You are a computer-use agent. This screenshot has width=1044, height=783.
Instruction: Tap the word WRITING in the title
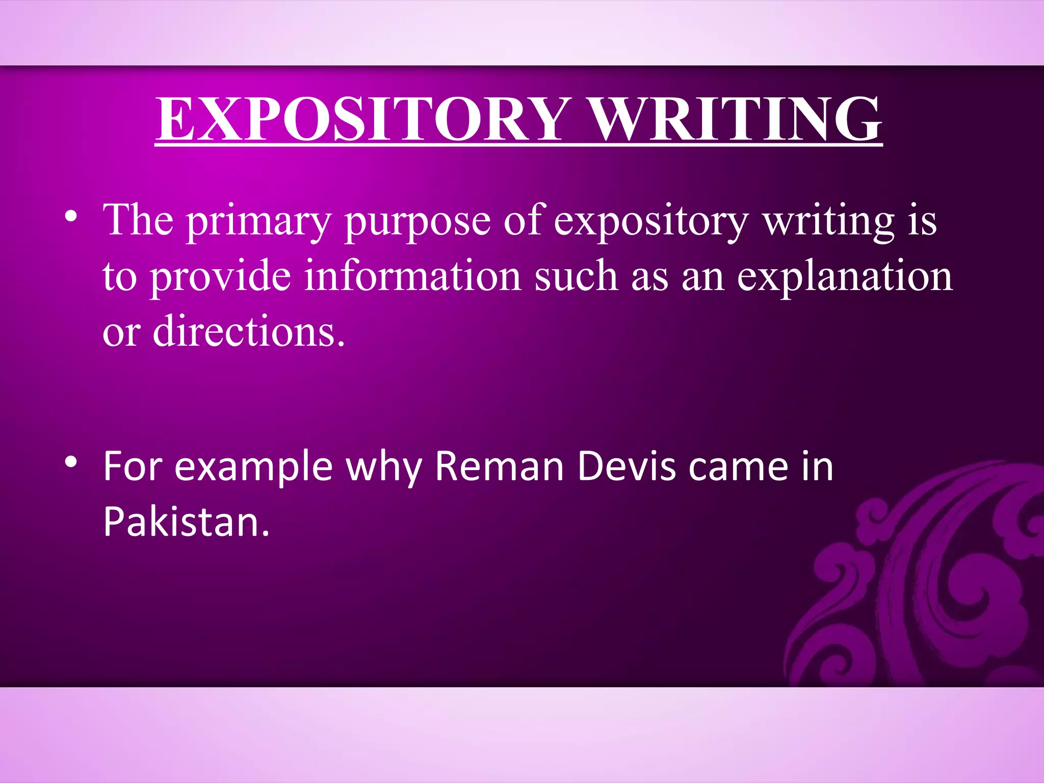737,119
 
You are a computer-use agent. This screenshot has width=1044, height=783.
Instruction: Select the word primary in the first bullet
258,221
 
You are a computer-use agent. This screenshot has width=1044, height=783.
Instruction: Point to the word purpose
417,221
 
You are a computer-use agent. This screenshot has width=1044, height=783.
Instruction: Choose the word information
413,276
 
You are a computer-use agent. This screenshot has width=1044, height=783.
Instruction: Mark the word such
576,276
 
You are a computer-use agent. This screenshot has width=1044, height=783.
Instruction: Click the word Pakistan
186,522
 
